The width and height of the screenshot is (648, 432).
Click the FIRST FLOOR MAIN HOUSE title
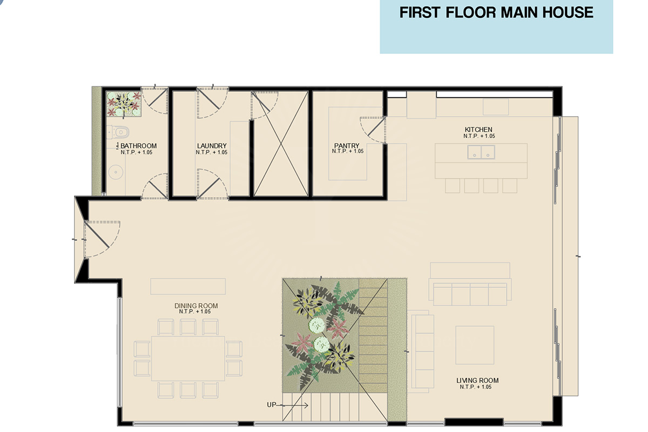click(496, 13)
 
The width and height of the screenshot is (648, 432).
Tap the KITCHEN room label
click(478, 130)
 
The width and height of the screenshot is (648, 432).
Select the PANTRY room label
click(347, 146)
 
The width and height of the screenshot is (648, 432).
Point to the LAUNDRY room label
click(212, 146)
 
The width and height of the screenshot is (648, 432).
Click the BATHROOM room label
click(139, 146)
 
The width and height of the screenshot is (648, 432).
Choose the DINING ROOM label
click(196, 306)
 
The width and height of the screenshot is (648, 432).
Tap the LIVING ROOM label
click(477, 381)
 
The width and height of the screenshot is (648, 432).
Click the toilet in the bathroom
click(118, 132)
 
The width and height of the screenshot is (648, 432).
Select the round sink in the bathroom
click(116, 172)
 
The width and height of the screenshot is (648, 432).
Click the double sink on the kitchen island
click(481, 152)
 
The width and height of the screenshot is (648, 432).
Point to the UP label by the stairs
click(271, 405)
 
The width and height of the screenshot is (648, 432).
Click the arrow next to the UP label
click(292, 406)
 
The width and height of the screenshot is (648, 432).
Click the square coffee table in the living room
click(475, 345)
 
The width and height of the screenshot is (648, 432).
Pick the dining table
click(188, 358)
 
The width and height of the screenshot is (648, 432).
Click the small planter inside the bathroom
click(124, 104)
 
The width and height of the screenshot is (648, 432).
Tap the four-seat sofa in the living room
click(470, 293)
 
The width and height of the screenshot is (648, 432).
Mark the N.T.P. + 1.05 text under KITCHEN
click(480, 136)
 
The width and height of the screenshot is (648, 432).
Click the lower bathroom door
click(155, 186)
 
